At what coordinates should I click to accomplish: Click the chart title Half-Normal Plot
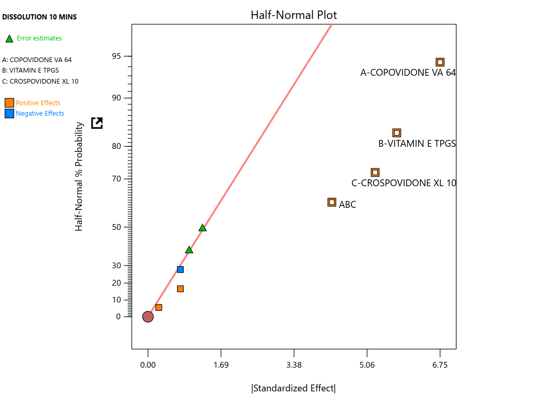(294, 15)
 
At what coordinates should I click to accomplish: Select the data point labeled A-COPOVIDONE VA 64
(440, 62)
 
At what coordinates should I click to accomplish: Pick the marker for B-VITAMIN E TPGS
(397, 133)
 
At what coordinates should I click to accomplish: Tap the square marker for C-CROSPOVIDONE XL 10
(375, 173)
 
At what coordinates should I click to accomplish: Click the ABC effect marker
(332, 202)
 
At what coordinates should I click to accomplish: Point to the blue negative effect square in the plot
(180, 269)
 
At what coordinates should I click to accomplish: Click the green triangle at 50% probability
(202, 228)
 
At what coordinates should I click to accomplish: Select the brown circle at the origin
(148, 317)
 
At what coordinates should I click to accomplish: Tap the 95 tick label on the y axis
(116, 56)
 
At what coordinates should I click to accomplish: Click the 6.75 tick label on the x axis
(440, 366)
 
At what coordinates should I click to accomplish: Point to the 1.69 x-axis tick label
(221, 366)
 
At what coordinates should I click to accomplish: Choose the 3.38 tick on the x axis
(294, 366)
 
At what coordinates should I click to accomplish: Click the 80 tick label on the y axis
(116, 146)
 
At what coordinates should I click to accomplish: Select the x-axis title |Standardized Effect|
(294, 388)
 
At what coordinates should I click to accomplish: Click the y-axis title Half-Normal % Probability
(79, 176)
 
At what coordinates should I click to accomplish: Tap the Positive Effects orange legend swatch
(9, 103)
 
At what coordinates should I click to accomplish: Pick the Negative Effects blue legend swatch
(9, 113)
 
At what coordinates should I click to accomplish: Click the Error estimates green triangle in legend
(9, 38)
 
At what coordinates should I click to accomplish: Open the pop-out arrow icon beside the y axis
(97, 123)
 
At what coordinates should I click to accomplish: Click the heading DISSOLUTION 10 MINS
(39, 17)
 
